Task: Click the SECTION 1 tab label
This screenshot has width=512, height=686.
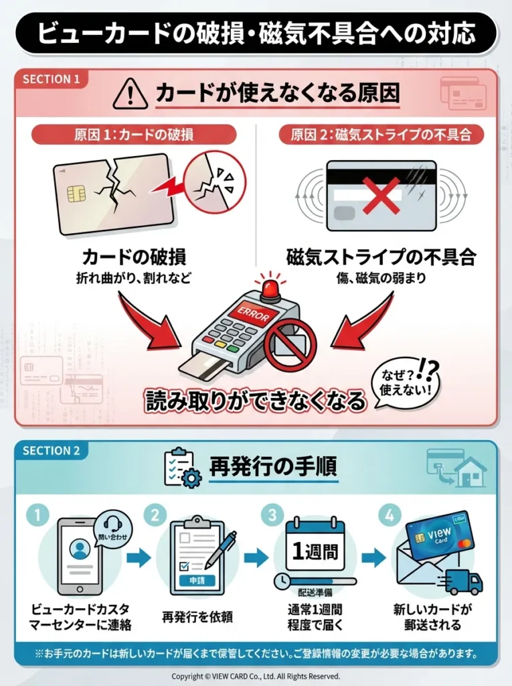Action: pyautogui.click(x=52, y=79)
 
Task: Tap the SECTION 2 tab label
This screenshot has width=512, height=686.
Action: pyautogui.click(x=52, y=450)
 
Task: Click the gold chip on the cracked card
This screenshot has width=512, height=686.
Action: pyautogui.click(x=76, y=194)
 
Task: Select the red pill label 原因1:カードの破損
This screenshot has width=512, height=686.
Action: pyautogui.click(x=134, y=134)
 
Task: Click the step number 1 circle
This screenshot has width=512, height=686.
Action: pyautogui.click(x=38, y=515)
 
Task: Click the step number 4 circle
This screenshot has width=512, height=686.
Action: pyautogui.click(x=388, y=515)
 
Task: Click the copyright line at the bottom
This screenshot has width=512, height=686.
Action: pyautogui.click(x=256, y=676)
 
